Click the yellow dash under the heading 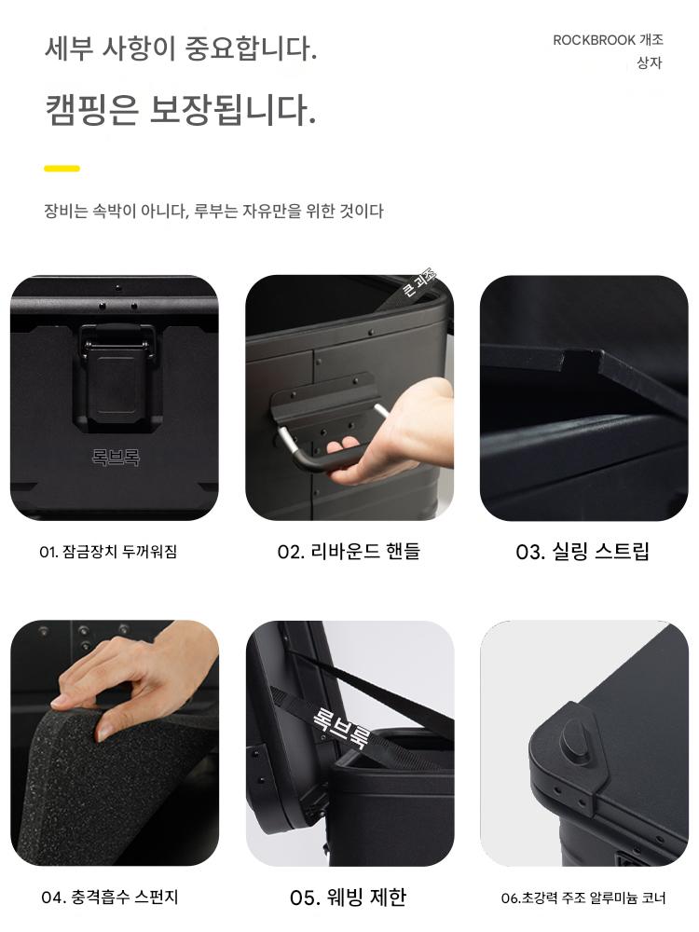coord(62,168)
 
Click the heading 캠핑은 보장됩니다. coord(180,110)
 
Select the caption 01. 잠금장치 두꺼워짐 coord(108,552)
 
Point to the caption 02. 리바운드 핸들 coord(349,552)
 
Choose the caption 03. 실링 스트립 coord(582,552)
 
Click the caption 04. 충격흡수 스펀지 coord(110,897)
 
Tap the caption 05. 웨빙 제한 coord(349,897)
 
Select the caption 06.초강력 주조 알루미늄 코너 coord(583,898)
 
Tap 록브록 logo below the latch coord(116,457)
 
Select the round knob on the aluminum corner coord(575,739)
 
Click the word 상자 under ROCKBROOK coord(649,63)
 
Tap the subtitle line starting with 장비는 coord(214,211)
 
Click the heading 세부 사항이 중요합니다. coord(181,48)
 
